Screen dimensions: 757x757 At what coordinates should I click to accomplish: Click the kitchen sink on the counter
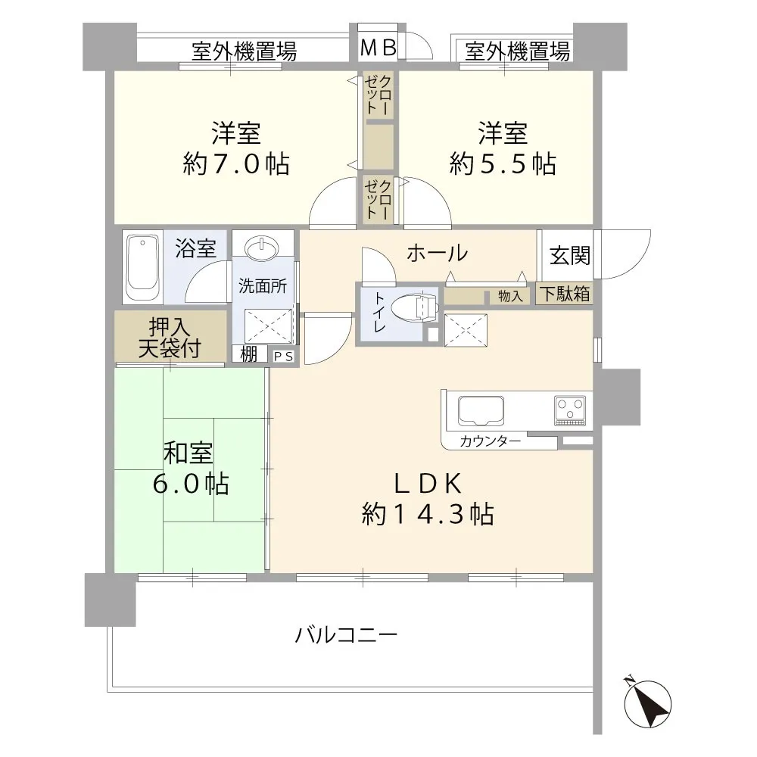pos(478,410)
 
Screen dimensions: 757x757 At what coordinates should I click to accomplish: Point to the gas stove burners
pos(572,409)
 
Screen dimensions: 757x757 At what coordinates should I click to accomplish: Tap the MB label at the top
pos(378,48)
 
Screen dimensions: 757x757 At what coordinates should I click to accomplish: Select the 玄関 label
pos(570,256)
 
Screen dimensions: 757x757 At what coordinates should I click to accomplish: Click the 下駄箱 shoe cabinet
pos(565,294)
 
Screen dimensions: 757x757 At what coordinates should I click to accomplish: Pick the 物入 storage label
pos(511,296)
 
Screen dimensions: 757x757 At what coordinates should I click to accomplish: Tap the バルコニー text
pos(346,634)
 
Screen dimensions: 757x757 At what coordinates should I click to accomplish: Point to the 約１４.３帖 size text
pos(428,515)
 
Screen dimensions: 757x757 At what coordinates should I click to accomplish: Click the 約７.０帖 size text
pos(236,164)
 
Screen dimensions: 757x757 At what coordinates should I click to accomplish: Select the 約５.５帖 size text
pos(503,164)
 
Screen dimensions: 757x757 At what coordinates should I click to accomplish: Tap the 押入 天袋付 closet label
pos(170,338)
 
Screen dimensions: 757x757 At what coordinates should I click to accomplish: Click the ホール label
pos(436,254)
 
